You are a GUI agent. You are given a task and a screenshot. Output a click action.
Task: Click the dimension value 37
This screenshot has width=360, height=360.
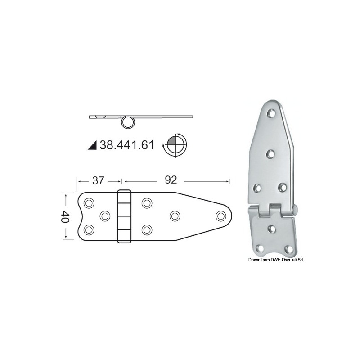[99, 180]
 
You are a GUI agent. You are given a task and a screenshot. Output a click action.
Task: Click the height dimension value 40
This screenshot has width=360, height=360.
[66, 216]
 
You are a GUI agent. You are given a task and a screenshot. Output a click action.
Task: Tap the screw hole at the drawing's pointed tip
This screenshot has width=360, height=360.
[220, 216]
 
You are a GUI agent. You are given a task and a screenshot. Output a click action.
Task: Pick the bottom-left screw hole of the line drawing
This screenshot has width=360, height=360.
[89, 230]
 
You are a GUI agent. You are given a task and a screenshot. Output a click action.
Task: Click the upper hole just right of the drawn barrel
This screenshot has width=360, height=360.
[146, 203]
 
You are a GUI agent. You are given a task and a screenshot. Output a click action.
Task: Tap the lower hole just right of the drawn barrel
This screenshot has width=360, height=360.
[146, 230]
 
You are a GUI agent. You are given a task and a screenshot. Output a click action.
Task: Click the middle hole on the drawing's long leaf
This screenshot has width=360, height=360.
[174, 216]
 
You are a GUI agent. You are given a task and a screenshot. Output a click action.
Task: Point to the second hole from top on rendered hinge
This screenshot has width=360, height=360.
[271, 154]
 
